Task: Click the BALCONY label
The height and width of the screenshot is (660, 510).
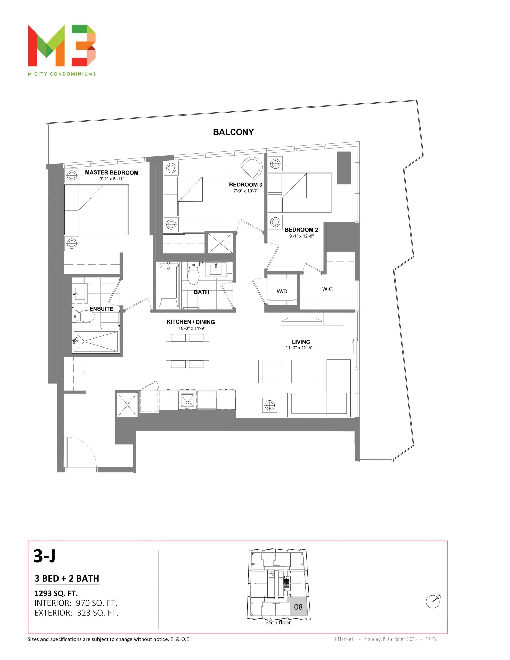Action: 233,132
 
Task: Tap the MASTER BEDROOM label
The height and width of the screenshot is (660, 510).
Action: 112,172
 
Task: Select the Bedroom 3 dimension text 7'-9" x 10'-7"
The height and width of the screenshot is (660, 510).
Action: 245,191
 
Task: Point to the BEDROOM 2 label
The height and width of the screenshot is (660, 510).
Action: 301,230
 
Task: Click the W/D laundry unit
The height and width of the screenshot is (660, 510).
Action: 282,290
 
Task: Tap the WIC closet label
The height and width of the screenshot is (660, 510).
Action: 327,289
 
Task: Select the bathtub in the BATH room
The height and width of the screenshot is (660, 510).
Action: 169,285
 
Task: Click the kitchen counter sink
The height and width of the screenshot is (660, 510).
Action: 187,401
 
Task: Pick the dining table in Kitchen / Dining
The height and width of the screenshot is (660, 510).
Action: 187,351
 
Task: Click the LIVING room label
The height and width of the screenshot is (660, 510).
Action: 301,342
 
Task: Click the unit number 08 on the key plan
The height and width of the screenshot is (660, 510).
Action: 298,607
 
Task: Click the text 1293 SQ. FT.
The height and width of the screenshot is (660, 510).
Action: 56,593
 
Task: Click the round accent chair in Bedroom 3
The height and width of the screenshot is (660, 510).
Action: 251,168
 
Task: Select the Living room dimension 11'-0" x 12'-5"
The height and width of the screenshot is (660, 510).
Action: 299,348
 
